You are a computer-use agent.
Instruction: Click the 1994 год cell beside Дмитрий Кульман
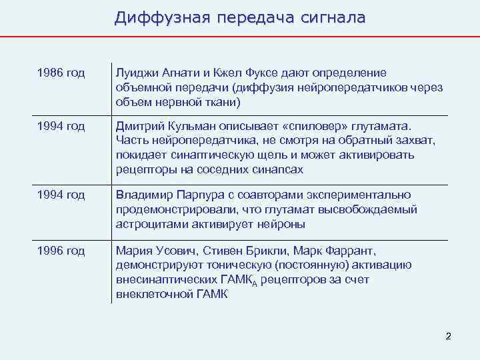point(61,126)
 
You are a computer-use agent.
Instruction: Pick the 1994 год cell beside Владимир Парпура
point(61,195)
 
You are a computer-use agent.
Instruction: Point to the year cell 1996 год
point(61,251)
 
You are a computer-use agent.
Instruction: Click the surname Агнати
point(177,73)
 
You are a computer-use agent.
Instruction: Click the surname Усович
point(170,251)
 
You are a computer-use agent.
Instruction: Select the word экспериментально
point(367,195)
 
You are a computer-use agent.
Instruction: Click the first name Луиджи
point(135,73)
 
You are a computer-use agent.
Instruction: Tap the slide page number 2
point(448,337)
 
